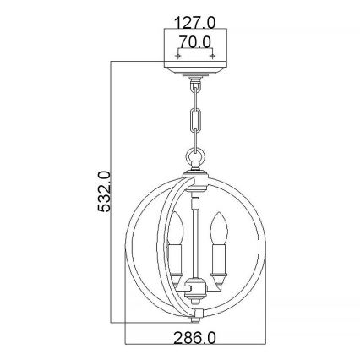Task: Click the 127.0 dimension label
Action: click(195, 22)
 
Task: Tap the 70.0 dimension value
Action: click(195, 42)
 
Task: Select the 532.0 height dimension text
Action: click(103, 191)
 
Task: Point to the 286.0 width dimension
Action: click(194, 338)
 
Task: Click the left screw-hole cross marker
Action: click(177, 57)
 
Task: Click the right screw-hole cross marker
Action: click(213, 57)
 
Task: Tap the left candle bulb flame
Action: click(177, 226)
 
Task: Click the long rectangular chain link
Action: click(195, 119)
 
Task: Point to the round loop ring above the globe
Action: click(195, 155)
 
